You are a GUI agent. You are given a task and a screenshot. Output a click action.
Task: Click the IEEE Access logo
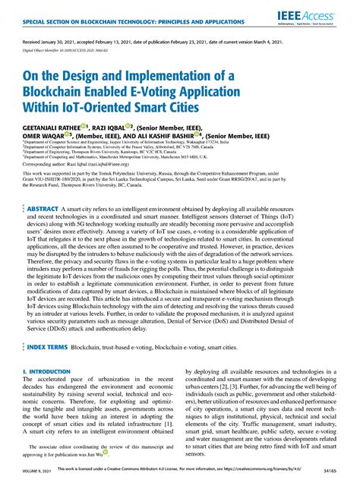tap(317, 15)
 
